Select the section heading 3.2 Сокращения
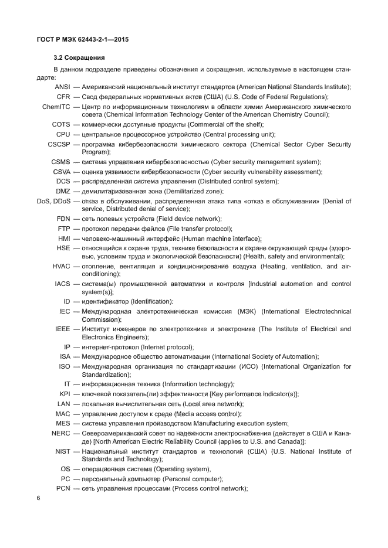coord(79,58)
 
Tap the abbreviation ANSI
coord(62,87)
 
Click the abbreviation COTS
coord(61,124)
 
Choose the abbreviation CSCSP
coord(59,144)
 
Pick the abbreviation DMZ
coord(63,191)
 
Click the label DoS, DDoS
coord(50,201)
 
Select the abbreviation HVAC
coord(61,266)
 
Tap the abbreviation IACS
coord(62,284)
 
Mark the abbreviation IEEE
coord(63,329)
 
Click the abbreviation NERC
coord(61,433)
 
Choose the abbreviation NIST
coord(62,451)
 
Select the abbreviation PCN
coord(63,488)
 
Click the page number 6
coord(38,498)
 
